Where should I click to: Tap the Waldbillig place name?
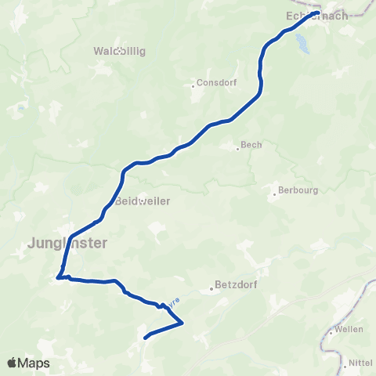point(120,51)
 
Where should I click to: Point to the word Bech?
point(251,145)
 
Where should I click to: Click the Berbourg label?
point(298,190)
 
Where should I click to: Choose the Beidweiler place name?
point(143,201)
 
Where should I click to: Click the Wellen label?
point(349,329)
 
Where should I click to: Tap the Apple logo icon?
point(13,363)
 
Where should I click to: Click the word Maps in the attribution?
point(34,363)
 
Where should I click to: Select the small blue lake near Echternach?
point(302,46)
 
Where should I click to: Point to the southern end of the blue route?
point(146,338)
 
